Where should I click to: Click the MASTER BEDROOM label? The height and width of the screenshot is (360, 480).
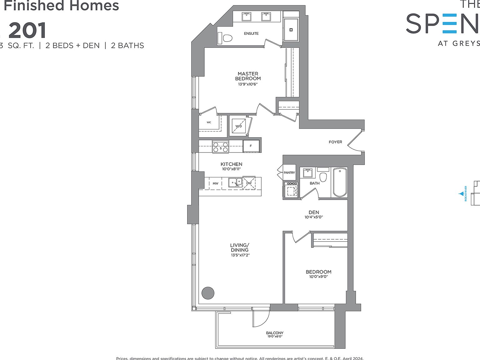[248, 76]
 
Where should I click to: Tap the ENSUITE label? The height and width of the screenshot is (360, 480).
[251, 33]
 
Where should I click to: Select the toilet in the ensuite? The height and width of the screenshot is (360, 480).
[227, 38]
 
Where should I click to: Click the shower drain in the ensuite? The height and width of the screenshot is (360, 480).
[291, 30]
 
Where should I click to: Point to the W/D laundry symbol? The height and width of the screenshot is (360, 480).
[239, 126]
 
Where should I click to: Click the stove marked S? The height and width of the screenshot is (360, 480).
[220, 147]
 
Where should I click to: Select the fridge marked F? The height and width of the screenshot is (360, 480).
[251, 146]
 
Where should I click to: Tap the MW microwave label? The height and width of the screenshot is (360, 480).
[215, 183]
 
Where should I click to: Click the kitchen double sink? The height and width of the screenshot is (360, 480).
[235, 182]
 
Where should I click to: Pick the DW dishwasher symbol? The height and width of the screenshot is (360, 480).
[249, 183]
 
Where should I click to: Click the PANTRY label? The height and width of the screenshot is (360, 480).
[289, 172]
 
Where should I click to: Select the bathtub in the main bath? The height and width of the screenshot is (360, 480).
[340, 182]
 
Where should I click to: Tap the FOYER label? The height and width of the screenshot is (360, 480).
[335, 142]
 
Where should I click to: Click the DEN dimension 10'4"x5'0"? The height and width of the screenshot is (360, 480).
[314, 217]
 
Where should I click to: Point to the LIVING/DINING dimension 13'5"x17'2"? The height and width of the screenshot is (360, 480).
[240, 255]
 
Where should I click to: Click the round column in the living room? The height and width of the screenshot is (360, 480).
[208, 293]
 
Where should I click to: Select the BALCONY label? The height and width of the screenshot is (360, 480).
[275, 333]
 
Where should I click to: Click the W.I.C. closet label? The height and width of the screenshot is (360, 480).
[209, 122]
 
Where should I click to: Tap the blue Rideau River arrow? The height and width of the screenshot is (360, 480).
[461, 194]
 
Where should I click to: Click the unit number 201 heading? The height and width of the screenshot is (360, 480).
[27, 31]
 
